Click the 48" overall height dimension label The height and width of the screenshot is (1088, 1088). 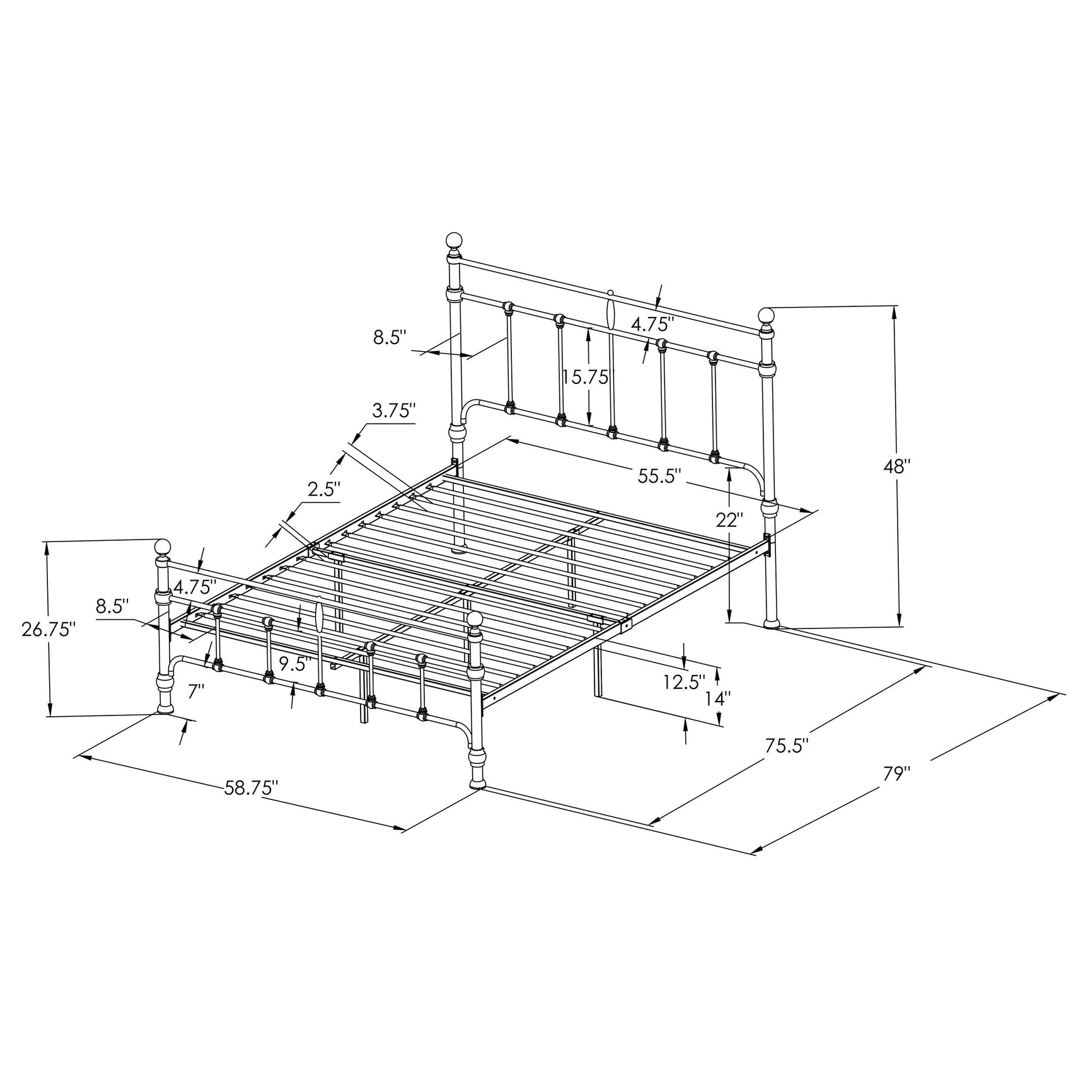(898, 467)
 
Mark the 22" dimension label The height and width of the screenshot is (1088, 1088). (729, 520)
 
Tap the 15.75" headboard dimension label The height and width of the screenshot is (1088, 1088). (586, 377)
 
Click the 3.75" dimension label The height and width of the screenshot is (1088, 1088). (394, 411)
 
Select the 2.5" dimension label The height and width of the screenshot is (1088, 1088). (324, 489)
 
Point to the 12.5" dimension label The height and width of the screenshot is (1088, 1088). (683, 681)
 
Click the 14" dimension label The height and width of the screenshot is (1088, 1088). (719, 698)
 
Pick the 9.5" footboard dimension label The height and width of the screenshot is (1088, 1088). (295, 664)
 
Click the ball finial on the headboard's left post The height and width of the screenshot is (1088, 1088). (454, 240)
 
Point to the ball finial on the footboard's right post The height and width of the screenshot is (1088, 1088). (475, 619)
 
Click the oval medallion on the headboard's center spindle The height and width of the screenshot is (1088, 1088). (610, 313)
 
